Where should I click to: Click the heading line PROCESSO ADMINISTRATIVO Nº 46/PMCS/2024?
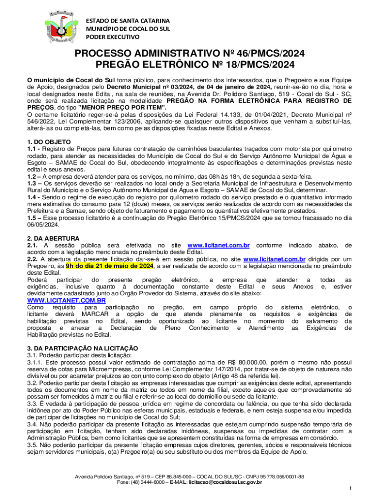(x=189, y=54)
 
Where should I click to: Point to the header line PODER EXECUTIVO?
(x=113, y=37)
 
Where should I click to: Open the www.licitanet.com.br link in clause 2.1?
(x=219, y=245)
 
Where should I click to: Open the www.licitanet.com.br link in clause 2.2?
(x=275, y=259)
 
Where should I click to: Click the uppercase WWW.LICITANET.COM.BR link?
(x=66, y=300)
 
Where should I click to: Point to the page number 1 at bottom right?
(x=349, y=488)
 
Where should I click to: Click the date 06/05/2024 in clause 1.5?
(x=43, y=225)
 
